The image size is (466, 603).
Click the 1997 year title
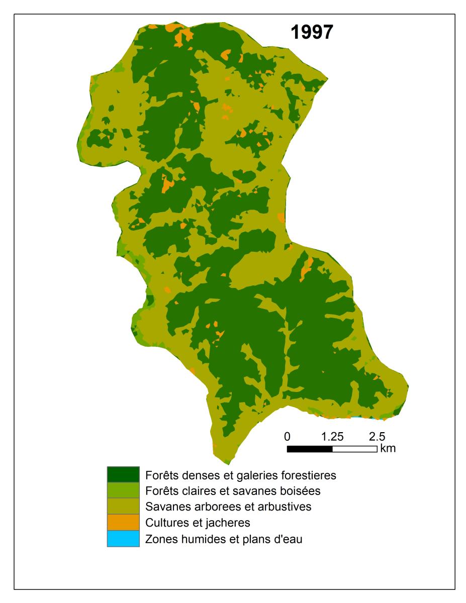click(311, 32)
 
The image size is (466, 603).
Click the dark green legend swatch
click(123, 474)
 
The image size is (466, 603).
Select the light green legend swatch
click(123, 490)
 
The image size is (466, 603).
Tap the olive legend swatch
click(123, 506)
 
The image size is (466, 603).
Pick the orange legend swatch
click(123, 523)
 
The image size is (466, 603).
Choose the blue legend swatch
click(123, 539)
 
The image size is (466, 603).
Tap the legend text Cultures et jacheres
click(198, 523)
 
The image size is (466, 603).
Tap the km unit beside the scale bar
click(388, 448)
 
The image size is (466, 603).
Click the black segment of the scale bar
click(310, 449)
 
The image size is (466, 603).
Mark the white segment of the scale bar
click(354, 449)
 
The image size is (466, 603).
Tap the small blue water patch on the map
click(356, 417)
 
